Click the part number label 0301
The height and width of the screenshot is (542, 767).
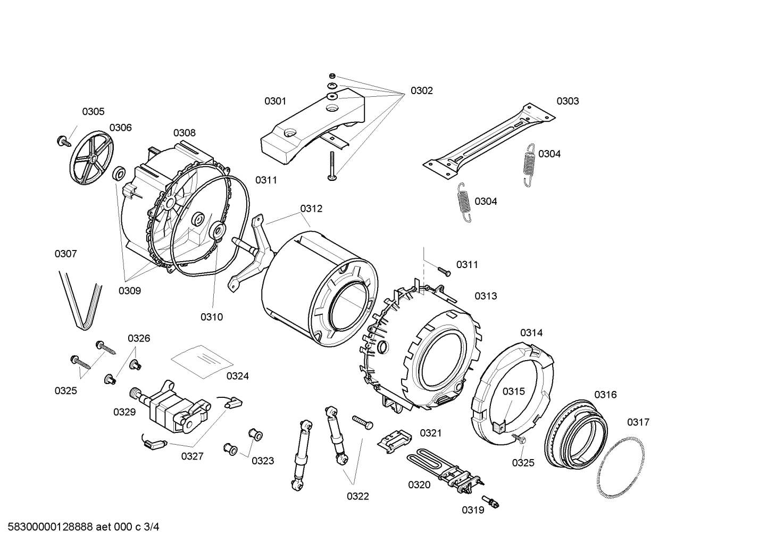coord(275,101)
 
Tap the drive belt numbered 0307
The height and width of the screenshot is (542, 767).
coord(80,301)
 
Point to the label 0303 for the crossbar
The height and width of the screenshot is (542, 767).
coord(568,101)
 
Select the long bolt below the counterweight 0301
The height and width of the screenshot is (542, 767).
coord(331,166)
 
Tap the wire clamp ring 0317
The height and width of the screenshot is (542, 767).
coord(622,462)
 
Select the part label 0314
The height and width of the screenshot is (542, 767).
coord(531,333)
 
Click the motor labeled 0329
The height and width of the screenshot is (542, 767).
coord(170,407)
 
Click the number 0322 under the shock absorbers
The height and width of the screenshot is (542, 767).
coord(357,496)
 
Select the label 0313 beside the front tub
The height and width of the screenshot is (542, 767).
coord(486,296)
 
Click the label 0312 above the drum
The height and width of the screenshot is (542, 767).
coord(311,209)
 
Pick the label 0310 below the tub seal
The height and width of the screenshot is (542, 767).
coord(211,317)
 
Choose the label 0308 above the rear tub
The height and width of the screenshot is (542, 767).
coord(184,133)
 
